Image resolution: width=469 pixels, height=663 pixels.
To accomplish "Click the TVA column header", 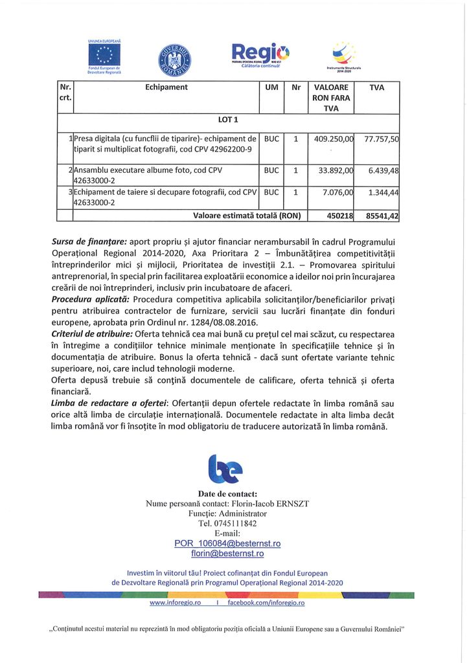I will (x=376, y=87).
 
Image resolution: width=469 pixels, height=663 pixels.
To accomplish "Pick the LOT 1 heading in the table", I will (x=229, y=120).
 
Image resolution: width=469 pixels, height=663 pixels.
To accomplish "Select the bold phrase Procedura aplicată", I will (x=91, y=299).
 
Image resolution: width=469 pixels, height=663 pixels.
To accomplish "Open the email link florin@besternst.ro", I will (x=227, y=554).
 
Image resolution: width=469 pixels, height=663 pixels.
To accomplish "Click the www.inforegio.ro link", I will (x=175, y=603).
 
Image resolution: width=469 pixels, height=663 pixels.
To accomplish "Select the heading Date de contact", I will (x=227, y=494).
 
